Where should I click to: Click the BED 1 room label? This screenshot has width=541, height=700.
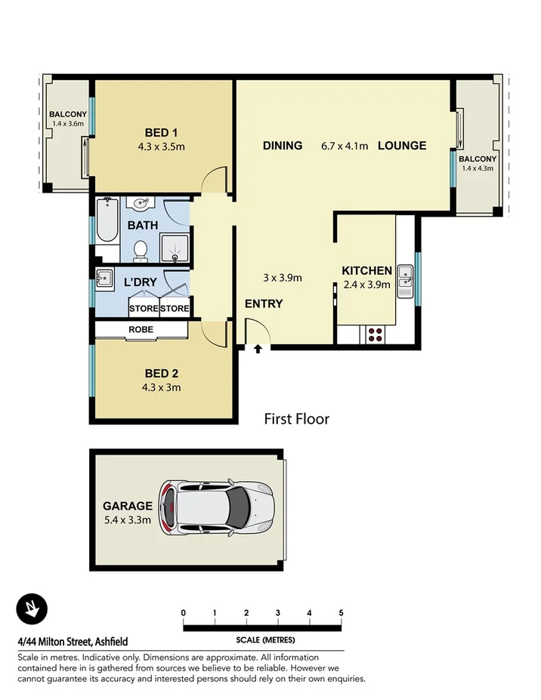161,133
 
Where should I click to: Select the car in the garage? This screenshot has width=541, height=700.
218,506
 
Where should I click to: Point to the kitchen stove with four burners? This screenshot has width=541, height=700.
374,335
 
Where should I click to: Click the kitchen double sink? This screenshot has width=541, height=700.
405,279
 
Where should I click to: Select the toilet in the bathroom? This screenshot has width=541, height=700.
140,251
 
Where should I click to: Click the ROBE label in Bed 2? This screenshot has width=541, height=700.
141,329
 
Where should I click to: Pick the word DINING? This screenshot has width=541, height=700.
283,146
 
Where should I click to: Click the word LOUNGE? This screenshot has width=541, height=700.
402,146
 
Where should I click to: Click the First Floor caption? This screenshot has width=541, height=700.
296,418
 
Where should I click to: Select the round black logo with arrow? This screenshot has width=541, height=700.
32,609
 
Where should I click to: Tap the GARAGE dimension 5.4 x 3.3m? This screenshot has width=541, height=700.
128,520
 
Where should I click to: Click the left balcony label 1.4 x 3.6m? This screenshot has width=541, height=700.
66,123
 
